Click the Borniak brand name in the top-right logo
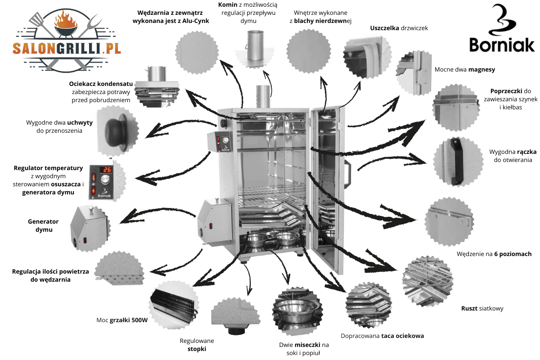pyautogui.click(x=502, y=45)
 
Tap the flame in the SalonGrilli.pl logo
pyautogui.click(x=65, y=18)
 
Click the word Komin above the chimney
pyautogui.click(x=228, y=4)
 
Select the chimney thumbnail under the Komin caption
pyautogui.click(x=255, y=49)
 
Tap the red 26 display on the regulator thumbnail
pyautogui.click(x=106, y=170)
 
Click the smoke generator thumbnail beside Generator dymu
pyautogui.click(x=90, y=228)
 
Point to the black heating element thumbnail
pyautogui.click(x=173, y=305)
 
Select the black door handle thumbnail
pyautogui.click(x=457, y=162)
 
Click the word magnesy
pyautogui.click(x=481, y=70)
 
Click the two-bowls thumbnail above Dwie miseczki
pyautogui.click(x=297, y=311)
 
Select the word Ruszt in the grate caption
pyautogui.click(x=469, y=308)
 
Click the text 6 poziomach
pyautogui.click(x=513, y=254)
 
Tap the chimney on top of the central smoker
pyautogui.click(x=263, y=97)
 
